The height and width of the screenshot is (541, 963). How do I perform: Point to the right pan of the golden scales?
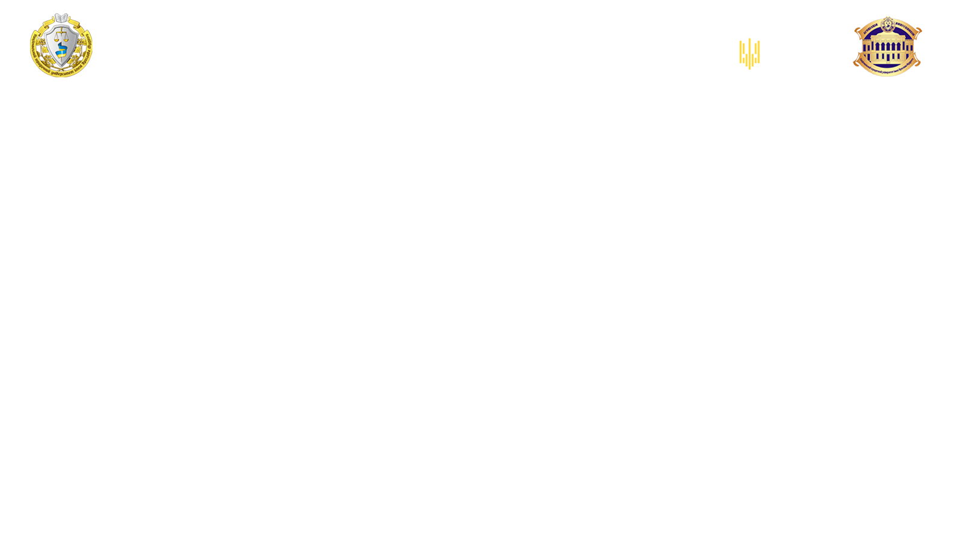point(70,35)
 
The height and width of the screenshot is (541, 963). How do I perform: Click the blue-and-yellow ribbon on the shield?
point(61,53)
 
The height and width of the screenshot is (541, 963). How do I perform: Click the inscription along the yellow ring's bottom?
point(63,73)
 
